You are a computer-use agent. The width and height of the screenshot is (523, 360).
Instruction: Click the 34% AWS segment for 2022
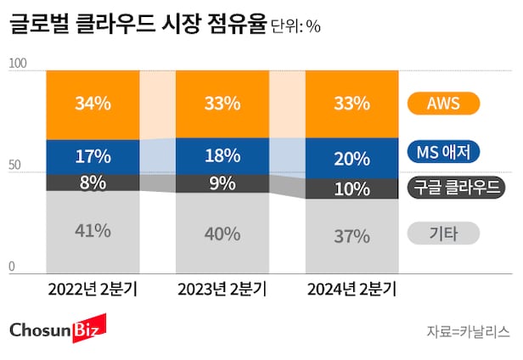point(93,104)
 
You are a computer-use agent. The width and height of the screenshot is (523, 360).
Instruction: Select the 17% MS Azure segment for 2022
point(93,156)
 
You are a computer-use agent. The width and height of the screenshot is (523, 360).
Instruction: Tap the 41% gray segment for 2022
point(93,229)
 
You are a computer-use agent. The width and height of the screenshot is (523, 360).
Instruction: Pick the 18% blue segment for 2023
point(221,156)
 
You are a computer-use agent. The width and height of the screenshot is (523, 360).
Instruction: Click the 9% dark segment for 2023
point(221,183)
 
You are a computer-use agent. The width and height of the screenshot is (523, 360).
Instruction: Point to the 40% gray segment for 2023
point(221,233)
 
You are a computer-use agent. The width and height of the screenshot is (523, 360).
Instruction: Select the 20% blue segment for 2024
point(351,158)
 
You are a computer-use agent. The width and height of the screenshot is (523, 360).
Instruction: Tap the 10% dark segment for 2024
point(351,188)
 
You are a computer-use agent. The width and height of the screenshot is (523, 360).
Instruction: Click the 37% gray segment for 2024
point(351,235)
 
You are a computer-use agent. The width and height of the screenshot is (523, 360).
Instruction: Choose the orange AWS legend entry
point(444,104)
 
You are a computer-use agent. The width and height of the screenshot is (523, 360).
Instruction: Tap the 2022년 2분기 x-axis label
point(93,290)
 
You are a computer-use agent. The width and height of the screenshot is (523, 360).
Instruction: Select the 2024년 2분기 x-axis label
point(351,290)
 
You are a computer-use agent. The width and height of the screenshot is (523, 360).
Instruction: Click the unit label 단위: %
point(295,26)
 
